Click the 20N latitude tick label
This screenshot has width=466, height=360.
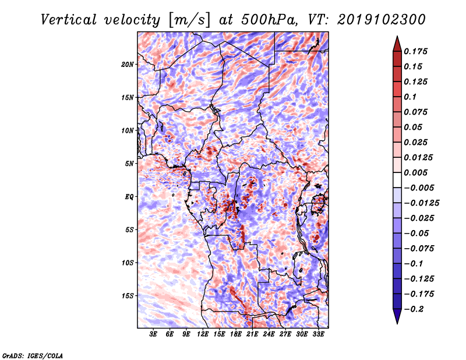click(x=128, y=65)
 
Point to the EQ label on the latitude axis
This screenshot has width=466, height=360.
click(x=129, y=197)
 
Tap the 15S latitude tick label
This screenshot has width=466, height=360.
click(x=128, y=296)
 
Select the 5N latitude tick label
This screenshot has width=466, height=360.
click(x=129, y=164)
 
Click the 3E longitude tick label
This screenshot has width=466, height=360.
click(x=153, y=334)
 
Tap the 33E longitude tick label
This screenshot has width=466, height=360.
click(x=318, y=334)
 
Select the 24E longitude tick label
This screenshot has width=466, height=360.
click(x=269, y=334)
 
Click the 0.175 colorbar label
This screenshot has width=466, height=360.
click(x=415, y=51)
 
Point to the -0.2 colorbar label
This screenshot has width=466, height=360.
click(x=414, y=309)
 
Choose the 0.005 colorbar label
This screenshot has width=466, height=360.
click(x=415, y=172)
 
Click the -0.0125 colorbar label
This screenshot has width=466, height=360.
click(x=421, y=203)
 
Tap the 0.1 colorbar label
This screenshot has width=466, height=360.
click(x=410, y=97)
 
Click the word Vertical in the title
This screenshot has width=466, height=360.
click(x=69, y=20)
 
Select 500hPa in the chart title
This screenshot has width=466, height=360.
click(x=269, y=20)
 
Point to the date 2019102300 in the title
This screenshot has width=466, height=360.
click(x=382, y=20)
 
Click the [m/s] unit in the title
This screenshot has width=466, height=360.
click(x=189, y=20)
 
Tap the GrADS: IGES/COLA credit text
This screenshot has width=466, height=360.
click(x=33, y=356)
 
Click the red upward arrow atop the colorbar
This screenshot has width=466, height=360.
click(x=397, y=44)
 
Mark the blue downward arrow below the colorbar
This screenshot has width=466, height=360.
click(x=397, y=316)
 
